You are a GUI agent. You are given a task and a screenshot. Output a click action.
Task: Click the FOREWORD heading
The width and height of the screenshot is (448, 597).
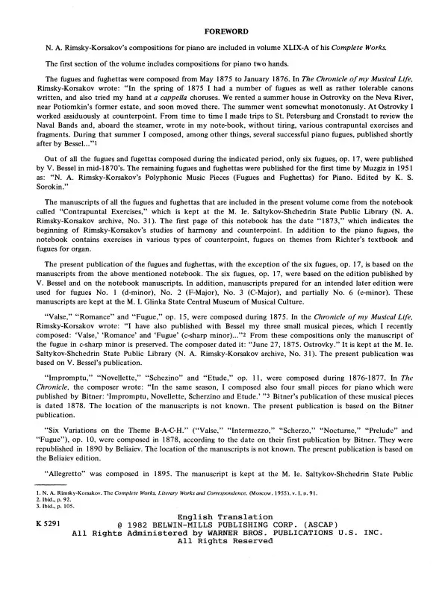[225, 31]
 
